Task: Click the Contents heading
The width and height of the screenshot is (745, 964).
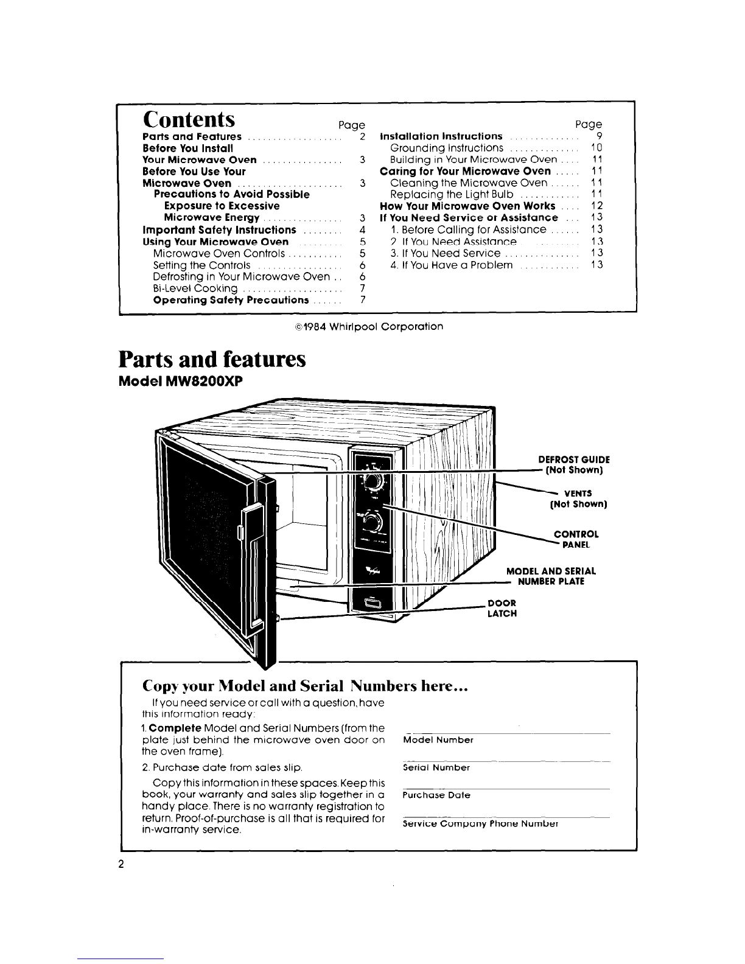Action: point(189,119)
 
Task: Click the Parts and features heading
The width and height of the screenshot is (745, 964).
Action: point(212,359)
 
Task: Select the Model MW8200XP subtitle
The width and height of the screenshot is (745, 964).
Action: point(181,382)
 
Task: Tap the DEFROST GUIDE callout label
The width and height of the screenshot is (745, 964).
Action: point(574,464)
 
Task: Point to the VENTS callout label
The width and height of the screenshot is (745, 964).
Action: point(578,498)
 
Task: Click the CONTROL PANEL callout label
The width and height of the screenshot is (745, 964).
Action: point(576,539)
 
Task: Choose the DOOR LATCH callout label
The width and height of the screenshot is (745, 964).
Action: point(502,608)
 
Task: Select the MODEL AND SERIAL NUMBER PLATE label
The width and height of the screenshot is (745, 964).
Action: point(551,576)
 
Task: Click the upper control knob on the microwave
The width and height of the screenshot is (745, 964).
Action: point(372,482)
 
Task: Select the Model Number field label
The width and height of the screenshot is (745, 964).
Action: point(438,739)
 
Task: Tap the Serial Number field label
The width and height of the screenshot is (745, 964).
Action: point(436,767)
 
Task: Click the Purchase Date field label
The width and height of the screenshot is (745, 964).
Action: point(436,795)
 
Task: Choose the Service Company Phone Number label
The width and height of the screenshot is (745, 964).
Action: point(480,823)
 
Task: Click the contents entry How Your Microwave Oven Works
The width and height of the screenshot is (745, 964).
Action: point(467,206)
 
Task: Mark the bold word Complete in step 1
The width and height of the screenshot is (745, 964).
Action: point(175,728)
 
